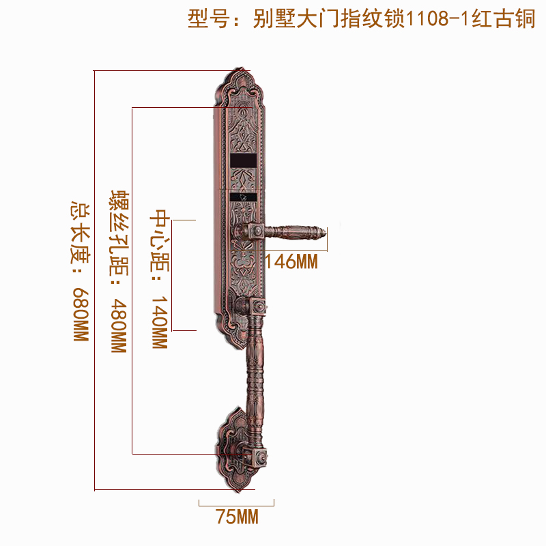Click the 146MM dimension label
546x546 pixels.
click(x=291, y=261)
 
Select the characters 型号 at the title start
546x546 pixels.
click(x=205, y=19)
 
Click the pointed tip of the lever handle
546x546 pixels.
click(x=327, y=236)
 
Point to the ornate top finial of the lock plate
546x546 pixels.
click(x=240, y=74)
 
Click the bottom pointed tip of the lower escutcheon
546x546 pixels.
click(x=240, y=486)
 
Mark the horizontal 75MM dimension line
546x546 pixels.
click(x=237, y=504)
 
